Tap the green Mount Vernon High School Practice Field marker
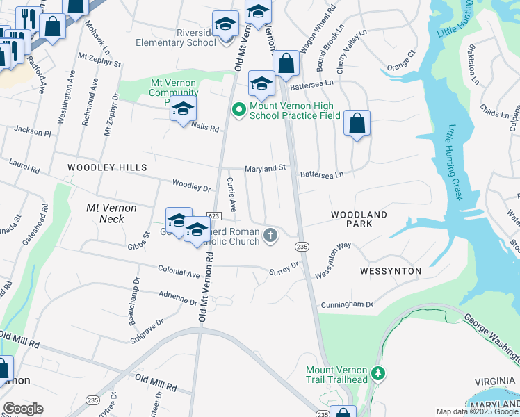click(x=238, y=110)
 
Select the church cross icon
click(x=271, y=237)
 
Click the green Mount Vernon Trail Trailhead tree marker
click(x=378, y=373)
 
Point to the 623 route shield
click(x=213, y=217)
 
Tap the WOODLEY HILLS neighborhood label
click(x=107, y=167)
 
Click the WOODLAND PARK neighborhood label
click(x=359, y=220)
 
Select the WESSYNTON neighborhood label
click(x=391, y=270)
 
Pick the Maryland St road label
click(x=265, y=168)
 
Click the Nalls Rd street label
click(x=205, y=129)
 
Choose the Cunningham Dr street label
click(x=346, y=304)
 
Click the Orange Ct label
click(x=400, y=60)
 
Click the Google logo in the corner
click(x=22, y=409)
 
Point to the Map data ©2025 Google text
click(x=476, y=411)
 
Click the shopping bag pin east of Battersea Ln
click(x=357, y=124)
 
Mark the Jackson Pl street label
click(x=32, y=131)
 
